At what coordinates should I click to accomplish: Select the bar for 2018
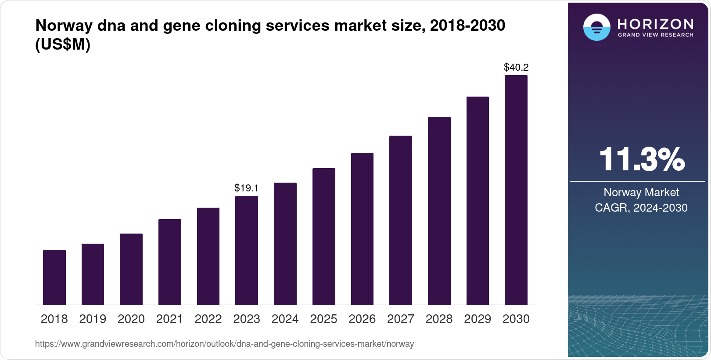point(54,277)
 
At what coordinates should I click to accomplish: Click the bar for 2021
point(170,262)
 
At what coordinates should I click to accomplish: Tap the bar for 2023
point(247,250)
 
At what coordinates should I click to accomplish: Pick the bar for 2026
point(362,229)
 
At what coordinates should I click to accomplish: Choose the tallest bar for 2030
point(516,190)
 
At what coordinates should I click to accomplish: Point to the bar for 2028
point(439,211)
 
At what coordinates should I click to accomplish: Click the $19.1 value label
point(247,188)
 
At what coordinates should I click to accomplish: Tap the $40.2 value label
point(516,68)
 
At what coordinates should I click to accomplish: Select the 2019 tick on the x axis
point(93,319)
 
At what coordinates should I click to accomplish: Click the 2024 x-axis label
point(285,319)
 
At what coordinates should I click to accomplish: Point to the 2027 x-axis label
point(400,319)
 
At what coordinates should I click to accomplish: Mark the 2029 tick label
point(478,319)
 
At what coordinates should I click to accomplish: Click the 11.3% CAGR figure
point(641,159)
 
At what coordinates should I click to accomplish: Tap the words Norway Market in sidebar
point(641,192)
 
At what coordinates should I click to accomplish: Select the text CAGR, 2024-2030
point(641,208)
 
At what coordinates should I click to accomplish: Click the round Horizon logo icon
point(596,27)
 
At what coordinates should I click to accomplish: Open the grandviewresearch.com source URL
point(224,344)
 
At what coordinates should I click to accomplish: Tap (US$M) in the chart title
point(63,44)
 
